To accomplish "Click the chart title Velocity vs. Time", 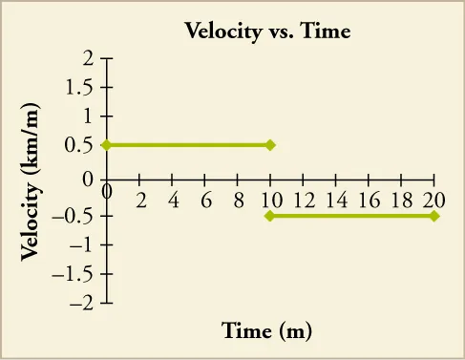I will click(x=267, y=32).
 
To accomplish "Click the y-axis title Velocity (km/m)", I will click(x=30, y=179).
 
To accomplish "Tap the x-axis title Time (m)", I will click(x=267, y=331).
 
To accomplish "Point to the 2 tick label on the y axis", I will click(x=88, y=58).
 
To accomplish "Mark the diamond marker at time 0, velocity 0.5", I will click(x=106, y=145).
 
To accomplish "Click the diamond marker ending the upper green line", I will click(x=270, y=145).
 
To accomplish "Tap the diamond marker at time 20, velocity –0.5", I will click(x=434, y=216).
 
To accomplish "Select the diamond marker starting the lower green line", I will click(x=270, y=216).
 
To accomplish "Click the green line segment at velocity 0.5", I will click(x=188, y=145).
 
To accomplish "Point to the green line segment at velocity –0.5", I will click(x=352, y=216).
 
